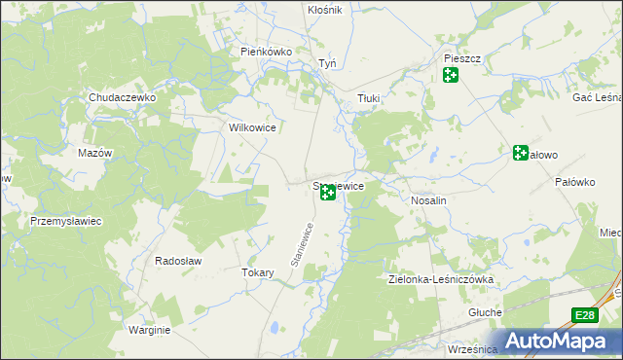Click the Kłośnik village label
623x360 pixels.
pos(324,10)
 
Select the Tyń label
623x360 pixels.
pos(327,64)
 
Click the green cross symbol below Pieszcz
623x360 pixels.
pos(450,75)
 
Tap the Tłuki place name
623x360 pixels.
pos(368,98)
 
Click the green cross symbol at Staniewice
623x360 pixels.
pos(328,195)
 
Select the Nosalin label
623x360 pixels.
pos(428,199)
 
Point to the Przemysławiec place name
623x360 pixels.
pos(66,221)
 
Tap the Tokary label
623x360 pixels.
pos(257,273)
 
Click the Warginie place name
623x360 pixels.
pos(149,330)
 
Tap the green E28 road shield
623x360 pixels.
pos(583,315)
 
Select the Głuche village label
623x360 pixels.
pos(485,312)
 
